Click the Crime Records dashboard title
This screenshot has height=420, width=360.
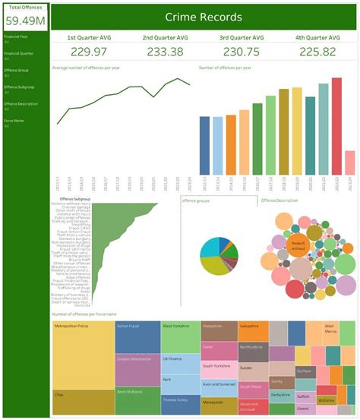coord(204,16)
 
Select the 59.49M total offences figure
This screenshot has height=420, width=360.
coord(25,21)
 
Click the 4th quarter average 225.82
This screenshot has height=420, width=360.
coord(319,51)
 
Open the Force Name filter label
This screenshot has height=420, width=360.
coord(13,120)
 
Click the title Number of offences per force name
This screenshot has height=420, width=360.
coord(84,314)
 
